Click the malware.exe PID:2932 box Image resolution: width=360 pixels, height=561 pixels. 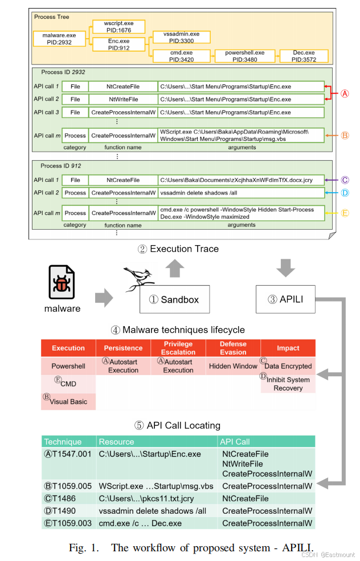pos(55,38)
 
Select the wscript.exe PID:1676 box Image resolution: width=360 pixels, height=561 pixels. pos(118,26)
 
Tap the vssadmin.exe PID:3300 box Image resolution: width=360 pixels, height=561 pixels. pos(182,37)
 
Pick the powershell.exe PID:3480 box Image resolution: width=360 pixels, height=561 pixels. pos(243,56)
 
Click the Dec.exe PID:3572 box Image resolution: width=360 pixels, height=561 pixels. pos(305,56)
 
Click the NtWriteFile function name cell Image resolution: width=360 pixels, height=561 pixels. pos(122,99)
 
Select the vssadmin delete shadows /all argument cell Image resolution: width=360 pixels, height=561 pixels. pos(240,193)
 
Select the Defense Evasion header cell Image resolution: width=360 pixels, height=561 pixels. pos(233,348)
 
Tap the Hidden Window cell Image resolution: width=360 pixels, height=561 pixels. pos(233,366)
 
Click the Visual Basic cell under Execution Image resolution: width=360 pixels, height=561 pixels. pos(68,401)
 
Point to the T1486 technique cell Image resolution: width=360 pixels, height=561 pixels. pos(68,499)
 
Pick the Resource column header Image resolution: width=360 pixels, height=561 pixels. pos(117,442)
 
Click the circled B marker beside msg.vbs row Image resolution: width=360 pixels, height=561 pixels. pos(345,136)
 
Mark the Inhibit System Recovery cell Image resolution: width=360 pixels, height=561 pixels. pos(288,384)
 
